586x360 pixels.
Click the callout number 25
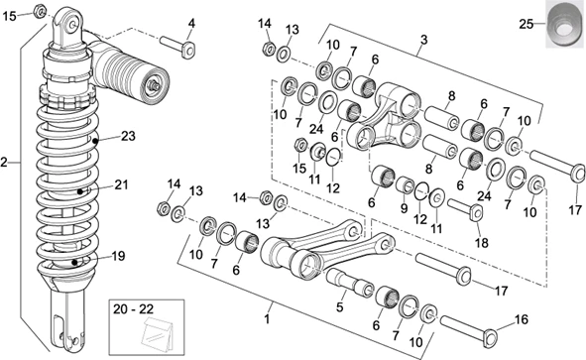(x=526, y=25)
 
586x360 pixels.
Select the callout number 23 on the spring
(x=128, y=136)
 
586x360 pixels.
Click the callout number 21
(x=121, y=184)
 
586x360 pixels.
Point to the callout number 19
(x=118, y=256)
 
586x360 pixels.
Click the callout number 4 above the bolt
(x=191, y=24)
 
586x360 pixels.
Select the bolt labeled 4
(x=177, y=46)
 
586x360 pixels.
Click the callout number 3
(x=423, y=40)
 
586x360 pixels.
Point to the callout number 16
(x=522, y=319)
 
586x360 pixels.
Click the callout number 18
(x=482, y=243)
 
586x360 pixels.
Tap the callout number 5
(x=339, y=307)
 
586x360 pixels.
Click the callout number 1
(x=267, y=319)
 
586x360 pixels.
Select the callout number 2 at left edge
(x=4, y=163)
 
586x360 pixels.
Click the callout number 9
(x=404, y=208)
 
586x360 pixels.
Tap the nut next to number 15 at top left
(x=40, y=11)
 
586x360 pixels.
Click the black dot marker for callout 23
(x=95, y=141)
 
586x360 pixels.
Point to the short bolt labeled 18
(x=465, y=209)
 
